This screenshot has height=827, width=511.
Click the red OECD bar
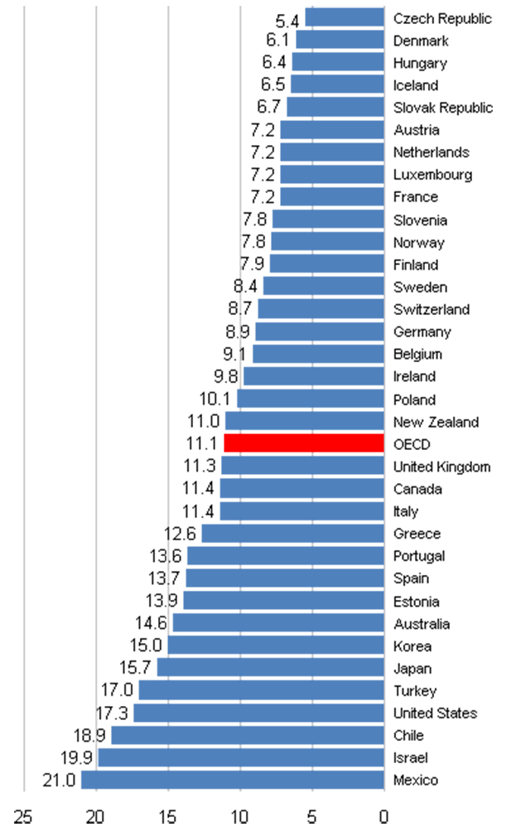(x=304, y=443)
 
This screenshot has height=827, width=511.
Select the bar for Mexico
(x=233, y=780)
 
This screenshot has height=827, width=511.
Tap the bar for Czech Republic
(x=345, y=17)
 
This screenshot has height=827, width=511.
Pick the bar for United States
(x=259, y=713)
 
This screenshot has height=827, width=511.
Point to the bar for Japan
(x=271, y=668)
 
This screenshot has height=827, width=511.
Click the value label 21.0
(x=58, y=780)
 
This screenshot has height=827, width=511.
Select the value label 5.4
(x=287, y=18)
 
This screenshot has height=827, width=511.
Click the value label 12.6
(x=182, y=534)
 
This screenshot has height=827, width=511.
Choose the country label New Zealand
(x=436, y=422)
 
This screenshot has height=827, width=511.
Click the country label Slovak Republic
(x=443, y=108)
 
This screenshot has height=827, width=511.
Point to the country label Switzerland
(x=431, y=309)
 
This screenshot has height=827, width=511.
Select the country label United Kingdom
(x=441, y=467)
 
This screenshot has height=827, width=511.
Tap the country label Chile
(x=408, y=735)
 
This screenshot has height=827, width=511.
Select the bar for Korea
(x=276, y=646)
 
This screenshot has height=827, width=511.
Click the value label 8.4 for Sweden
(x=246, y=287)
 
